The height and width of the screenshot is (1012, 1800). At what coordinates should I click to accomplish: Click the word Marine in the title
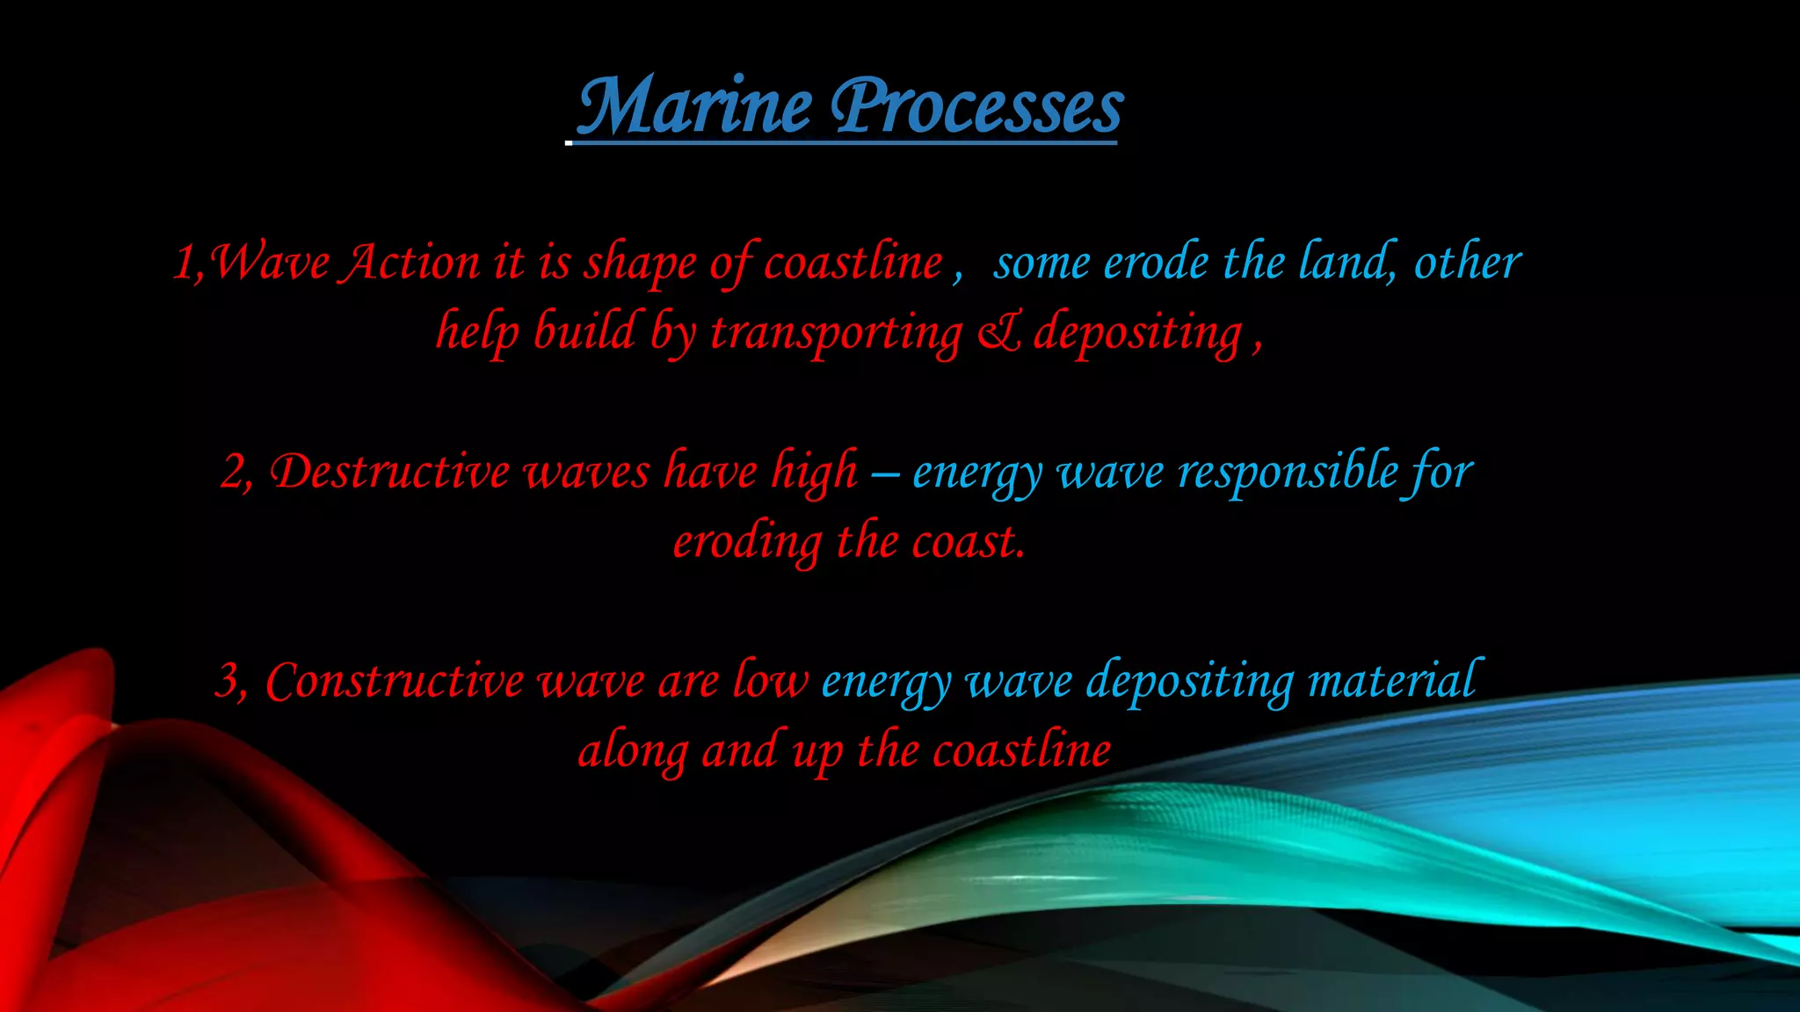point(694,107)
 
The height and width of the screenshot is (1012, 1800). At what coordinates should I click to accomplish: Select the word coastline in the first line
point(853,263)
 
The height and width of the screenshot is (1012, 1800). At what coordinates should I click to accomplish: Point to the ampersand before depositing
point(998,333)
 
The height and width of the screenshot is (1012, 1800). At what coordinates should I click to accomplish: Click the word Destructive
point(389,472)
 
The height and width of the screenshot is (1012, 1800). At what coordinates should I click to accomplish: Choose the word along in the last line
point(633,752)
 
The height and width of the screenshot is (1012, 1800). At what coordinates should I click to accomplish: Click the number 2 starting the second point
point(233,473)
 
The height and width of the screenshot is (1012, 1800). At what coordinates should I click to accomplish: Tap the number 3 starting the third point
point(228,682)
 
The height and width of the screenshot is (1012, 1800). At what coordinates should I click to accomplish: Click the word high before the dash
point(814,472)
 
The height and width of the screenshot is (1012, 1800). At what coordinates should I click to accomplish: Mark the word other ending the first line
point(1467,263)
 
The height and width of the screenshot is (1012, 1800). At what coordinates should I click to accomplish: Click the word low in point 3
point(770,680)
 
